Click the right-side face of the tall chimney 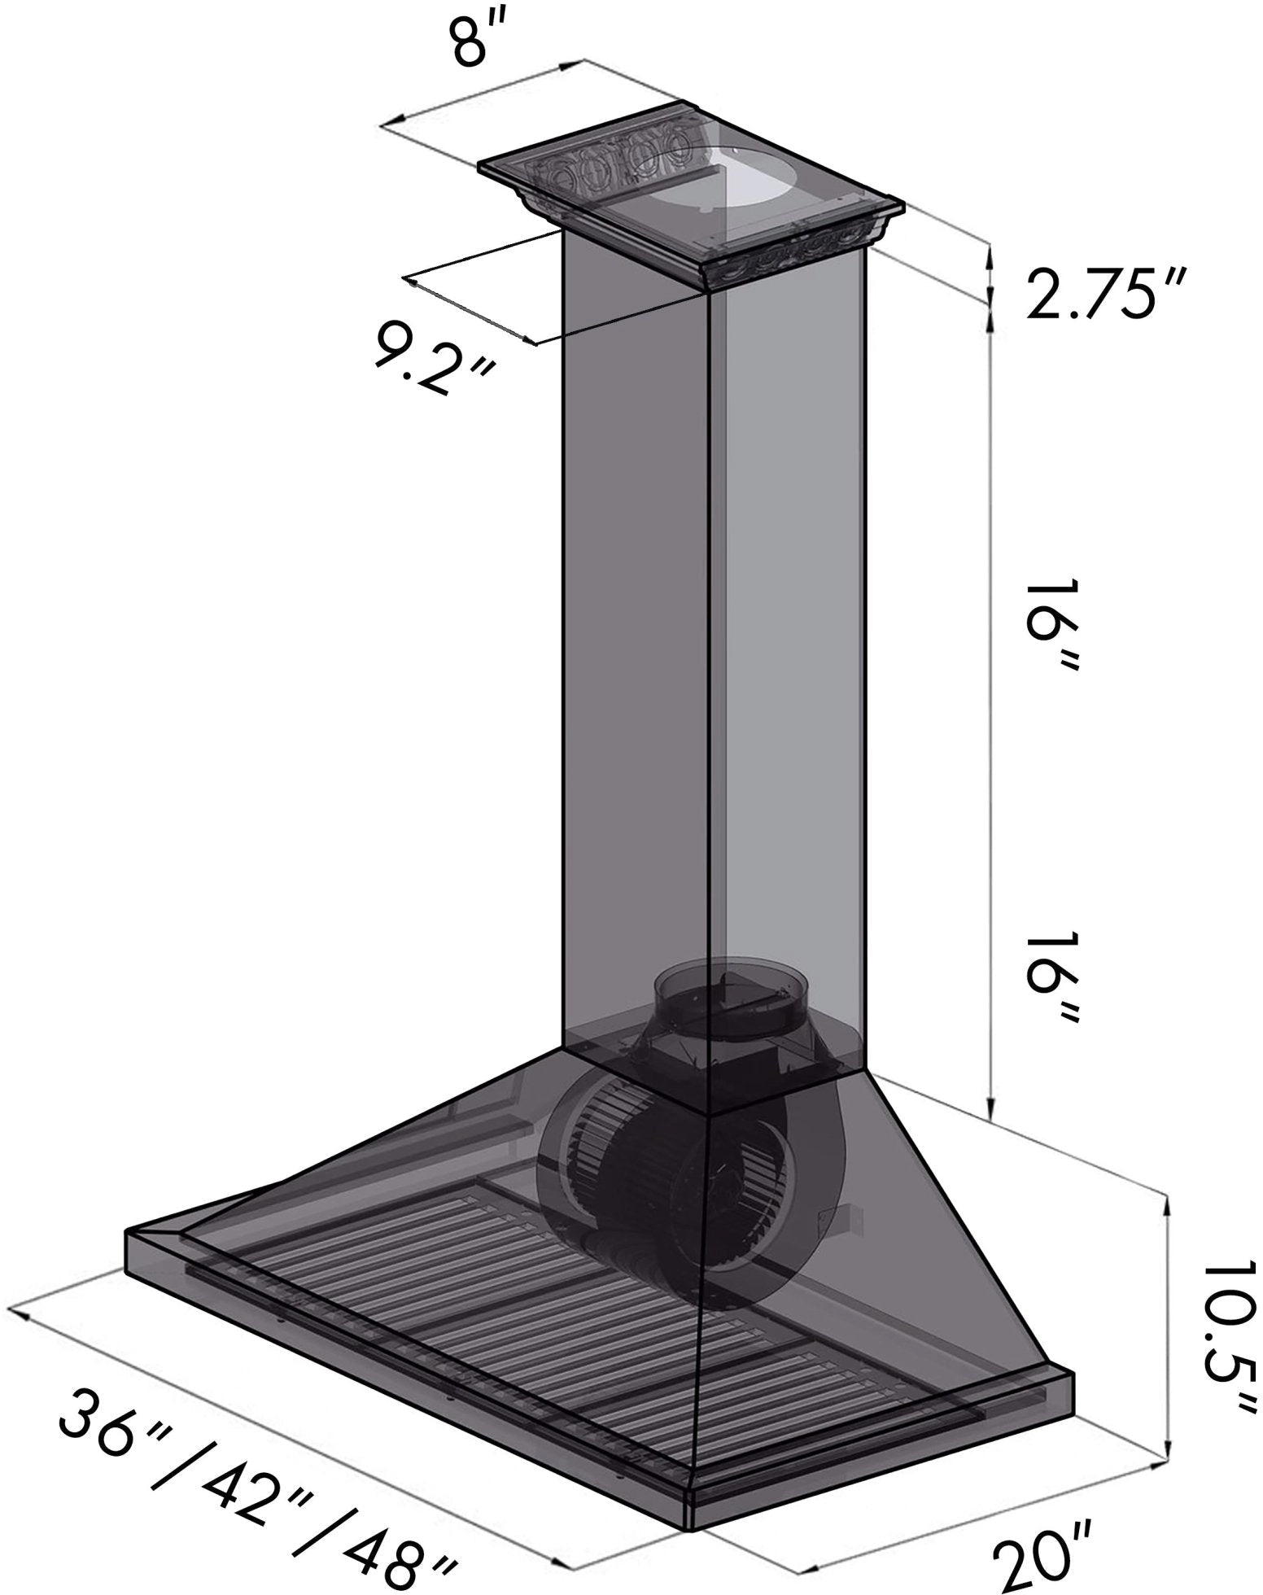coord(785,651)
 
